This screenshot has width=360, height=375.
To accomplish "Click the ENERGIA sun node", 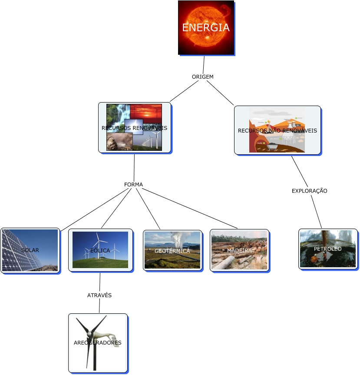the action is pyautogui.click(x=206, y=28).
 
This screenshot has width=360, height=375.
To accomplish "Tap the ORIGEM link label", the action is pyautogui.click(x=203, y=76).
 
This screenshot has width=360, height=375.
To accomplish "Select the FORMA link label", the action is pyautogui.click(x=133, y=185).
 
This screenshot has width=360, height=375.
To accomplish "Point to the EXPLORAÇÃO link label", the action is pyautogui.click(x=309, y=191).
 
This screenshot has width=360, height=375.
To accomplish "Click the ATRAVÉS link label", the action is pyautogui.click(x=99, y=295).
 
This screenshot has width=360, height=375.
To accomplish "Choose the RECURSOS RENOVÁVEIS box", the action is pyautogui.click(x=134, y=128).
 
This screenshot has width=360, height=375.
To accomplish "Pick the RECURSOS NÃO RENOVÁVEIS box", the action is pyautogui.click(x=277, y=130).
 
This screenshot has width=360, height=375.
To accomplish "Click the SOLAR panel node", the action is pyautogui.click(x=30, y=250).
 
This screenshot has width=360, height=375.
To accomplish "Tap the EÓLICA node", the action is pyautogui.click(x=100, y=250).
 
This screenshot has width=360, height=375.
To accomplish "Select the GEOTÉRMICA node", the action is pyautogui.click(x=172, y=250).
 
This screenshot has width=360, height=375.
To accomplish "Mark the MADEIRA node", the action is pyautogui.click(x=239, y=250).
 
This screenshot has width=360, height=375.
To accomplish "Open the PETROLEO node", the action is pyautogui.click(x=328, y=249).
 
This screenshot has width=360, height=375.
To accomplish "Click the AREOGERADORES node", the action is pyautogui.click(x=98, y=342).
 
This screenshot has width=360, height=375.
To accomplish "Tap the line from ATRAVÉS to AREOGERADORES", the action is pyautogui.click(x=99, y=305).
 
